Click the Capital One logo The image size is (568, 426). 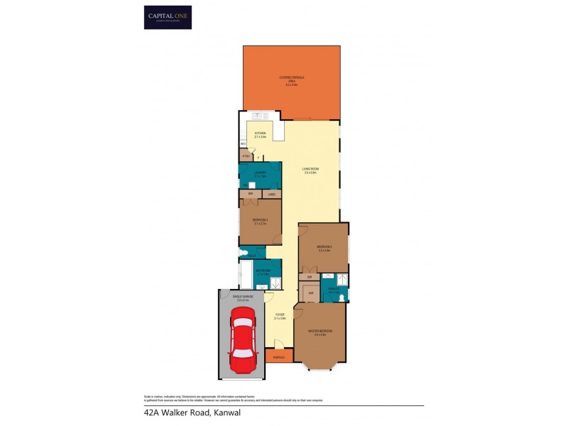168,17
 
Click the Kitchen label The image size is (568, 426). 260,135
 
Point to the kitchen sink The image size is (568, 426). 258,116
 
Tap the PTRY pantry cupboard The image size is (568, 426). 246,155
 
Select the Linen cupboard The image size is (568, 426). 271,194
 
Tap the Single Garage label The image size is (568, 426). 243,298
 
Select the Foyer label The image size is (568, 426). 280,317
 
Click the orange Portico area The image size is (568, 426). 279,357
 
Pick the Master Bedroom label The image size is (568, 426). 321,332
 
